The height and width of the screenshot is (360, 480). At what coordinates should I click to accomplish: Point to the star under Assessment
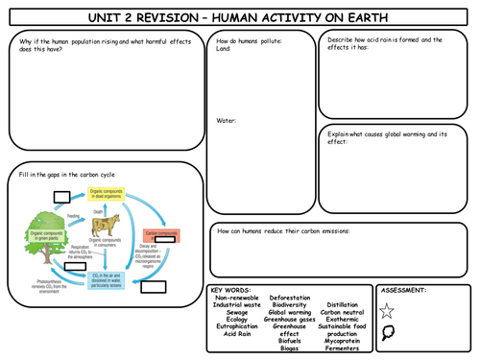coord(387,310)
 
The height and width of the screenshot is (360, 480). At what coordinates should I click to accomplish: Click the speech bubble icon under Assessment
coord(387,333)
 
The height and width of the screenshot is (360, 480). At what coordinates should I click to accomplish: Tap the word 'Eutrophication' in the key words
coord(235,327)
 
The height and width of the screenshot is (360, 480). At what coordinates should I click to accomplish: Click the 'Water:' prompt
coord(227,120)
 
